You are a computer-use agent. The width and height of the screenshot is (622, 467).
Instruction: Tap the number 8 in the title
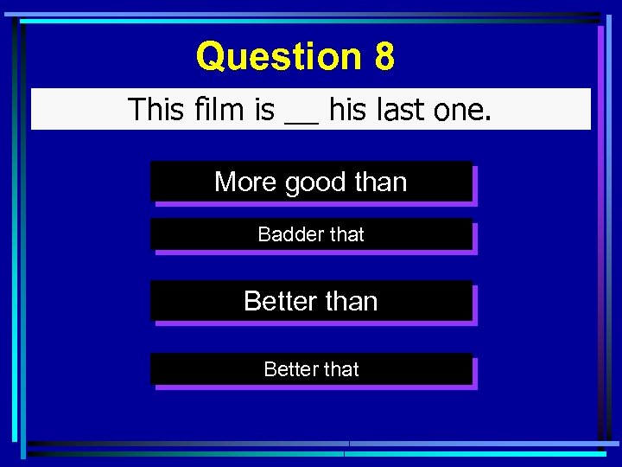[x=384, y=57]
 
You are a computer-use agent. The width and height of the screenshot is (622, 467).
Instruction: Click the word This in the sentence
[x=156, y=110]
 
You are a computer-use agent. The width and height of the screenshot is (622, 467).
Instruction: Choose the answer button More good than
[x=311, y=182]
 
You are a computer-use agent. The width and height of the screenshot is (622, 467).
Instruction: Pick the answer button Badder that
[x=311, y=234]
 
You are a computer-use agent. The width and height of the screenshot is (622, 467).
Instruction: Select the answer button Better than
[x=311, y=301]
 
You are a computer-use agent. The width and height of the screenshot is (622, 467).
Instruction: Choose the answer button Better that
[x=311, y=369]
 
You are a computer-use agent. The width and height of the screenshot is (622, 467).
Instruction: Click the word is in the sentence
[x=263, y=110]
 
